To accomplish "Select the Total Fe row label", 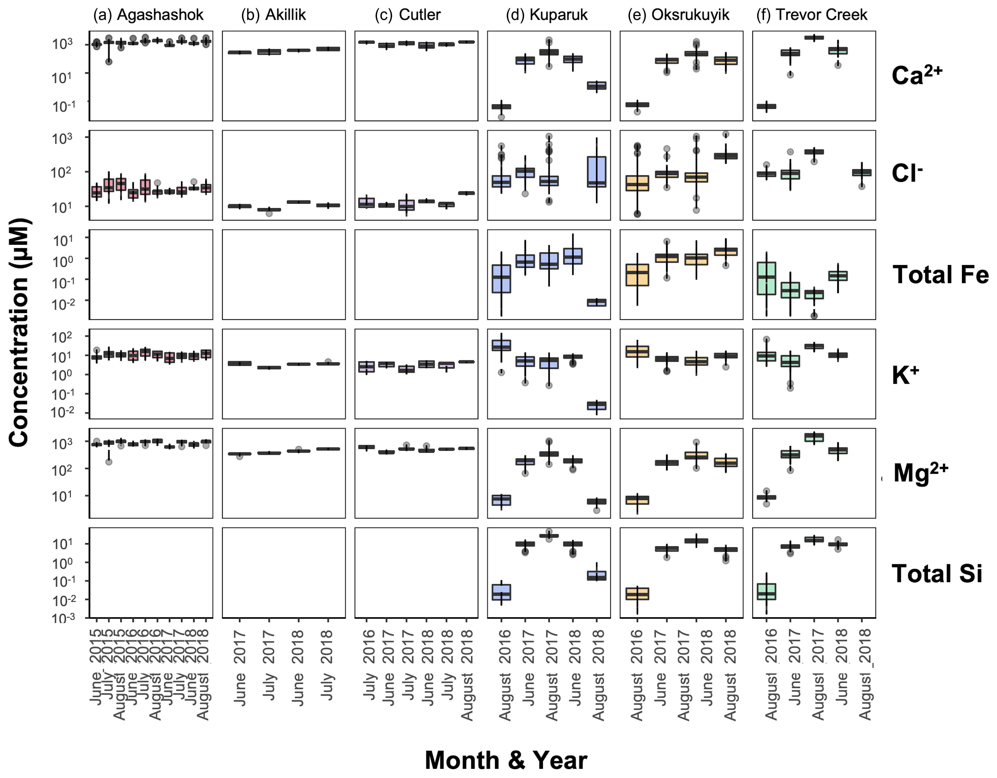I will click(x=940, y=275).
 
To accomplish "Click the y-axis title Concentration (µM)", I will click(x=19, y=333).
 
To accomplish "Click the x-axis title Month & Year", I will click(x=506, y=760).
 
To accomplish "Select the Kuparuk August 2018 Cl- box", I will click(x=596, y=172).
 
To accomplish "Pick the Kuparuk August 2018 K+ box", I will click(x=596, y=405).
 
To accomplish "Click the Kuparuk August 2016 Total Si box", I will click(x=501, y=592).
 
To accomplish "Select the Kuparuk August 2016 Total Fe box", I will click(x=501, y=279).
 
